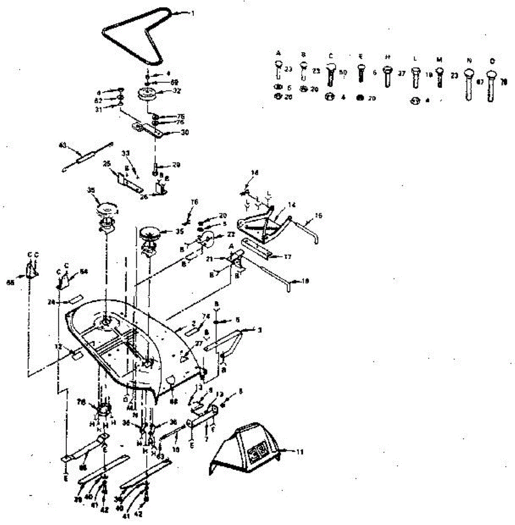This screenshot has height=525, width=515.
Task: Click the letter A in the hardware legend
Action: (278, 52)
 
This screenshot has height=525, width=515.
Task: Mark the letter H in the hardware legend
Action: (387, 57)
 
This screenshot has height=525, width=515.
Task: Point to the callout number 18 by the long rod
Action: (305, 281)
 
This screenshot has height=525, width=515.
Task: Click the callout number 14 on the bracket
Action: (292, 205)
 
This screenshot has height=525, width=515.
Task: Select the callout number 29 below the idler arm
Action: (176, 165)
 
